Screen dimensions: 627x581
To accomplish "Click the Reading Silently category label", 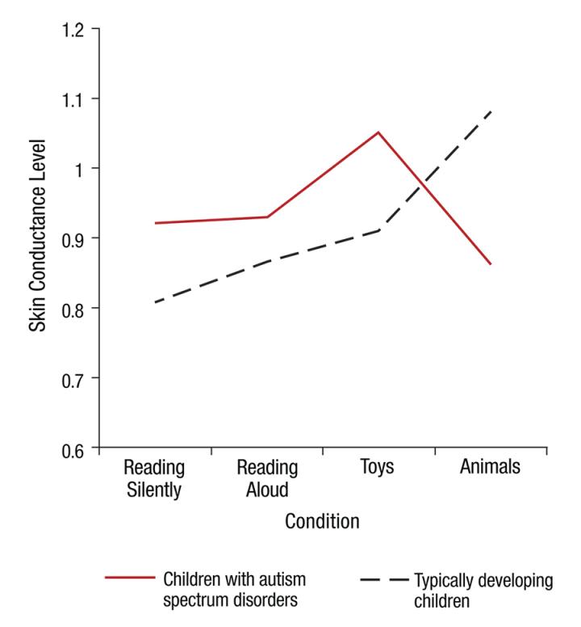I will tap(154, 478).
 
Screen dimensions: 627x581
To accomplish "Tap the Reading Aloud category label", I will tap(267, 478).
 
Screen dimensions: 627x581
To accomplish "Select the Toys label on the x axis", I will tap(378, 468).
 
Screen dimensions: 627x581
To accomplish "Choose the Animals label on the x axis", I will tap(490, 468).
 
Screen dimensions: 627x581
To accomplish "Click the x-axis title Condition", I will tap(322, 522).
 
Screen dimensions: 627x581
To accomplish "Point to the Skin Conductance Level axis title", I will tap(38, 238).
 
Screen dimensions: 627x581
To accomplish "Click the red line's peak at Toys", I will tap(378, 132).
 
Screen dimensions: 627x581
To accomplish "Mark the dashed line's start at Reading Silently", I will tap(155, 302).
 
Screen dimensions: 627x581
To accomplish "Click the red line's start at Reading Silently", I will tap(155, 223).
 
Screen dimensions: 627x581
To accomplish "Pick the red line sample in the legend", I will tap(129, 578).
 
